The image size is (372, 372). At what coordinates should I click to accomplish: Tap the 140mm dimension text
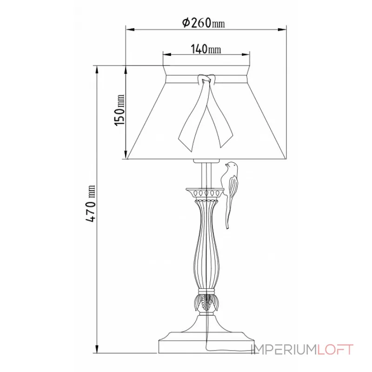pyautogui.click(x=206, y=49)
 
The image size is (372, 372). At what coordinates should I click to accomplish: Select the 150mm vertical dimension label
pyautogui.click(x=120, y=110)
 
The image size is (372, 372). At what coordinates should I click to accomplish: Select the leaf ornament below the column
pyautogui.click(x=205, y=302)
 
